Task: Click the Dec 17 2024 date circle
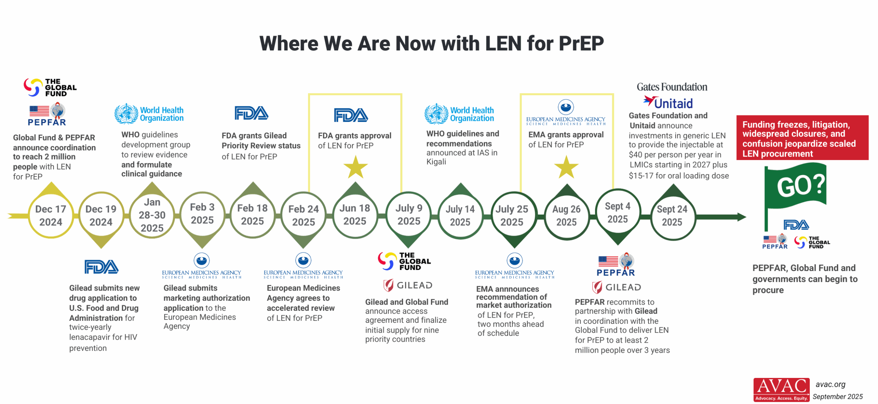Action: (x=51, y=216)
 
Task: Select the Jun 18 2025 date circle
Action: (x=355, y=215)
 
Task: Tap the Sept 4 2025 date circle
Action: (x=617, y=212)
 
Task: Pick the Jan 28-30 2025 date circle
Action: (x=152, y=215)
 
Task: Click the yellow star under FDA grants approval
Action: (x=355, y=167)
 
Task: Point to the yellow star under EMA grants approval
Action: (x=566, y=167)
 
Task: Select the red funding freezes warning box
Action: (x=802, y=138)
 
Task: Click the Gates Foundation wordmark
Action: (x=672, y=87)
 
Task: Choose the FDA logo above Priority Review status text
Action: (x=251, y=113)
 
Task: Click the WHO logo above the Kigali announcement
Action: (x=459, y=114)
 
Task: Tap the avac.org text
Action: (x=830, y=384)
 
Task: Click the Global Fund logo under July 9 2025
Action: (x=404, y=261)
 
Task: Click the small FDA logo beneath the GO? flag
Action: (x=796, y=225)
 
